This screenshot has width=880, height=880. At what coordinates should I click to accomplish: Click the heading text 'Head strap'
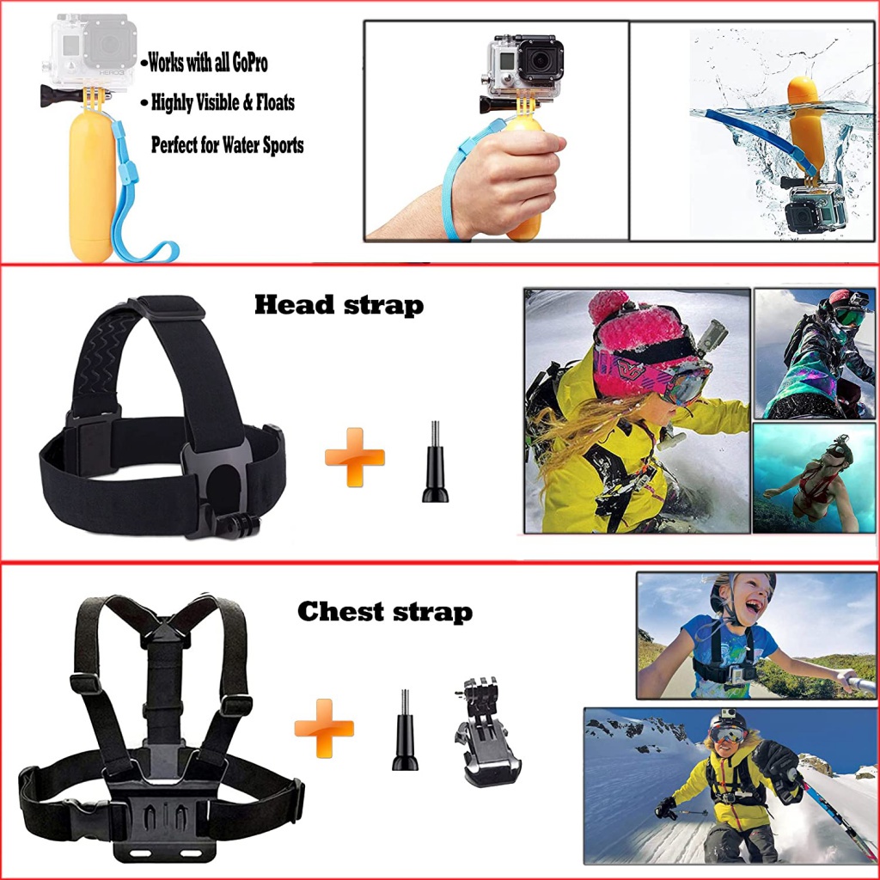click(339, 304)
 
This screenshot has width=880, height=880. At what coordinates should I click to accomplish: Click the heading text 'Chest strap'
click(384, 612)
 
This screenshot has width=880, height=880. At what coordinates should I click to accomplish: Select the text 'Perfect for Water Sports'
click(227, 144)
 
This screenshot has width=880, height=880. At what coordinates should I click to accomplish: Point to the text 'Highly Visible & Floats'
click(223, 103)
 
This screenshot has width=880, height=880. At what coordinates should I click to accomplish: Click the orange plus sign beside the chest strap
click(324, 727)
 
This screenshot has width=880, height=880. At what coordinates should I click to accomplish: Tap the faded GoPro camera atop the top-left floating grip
click(93, 52)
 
